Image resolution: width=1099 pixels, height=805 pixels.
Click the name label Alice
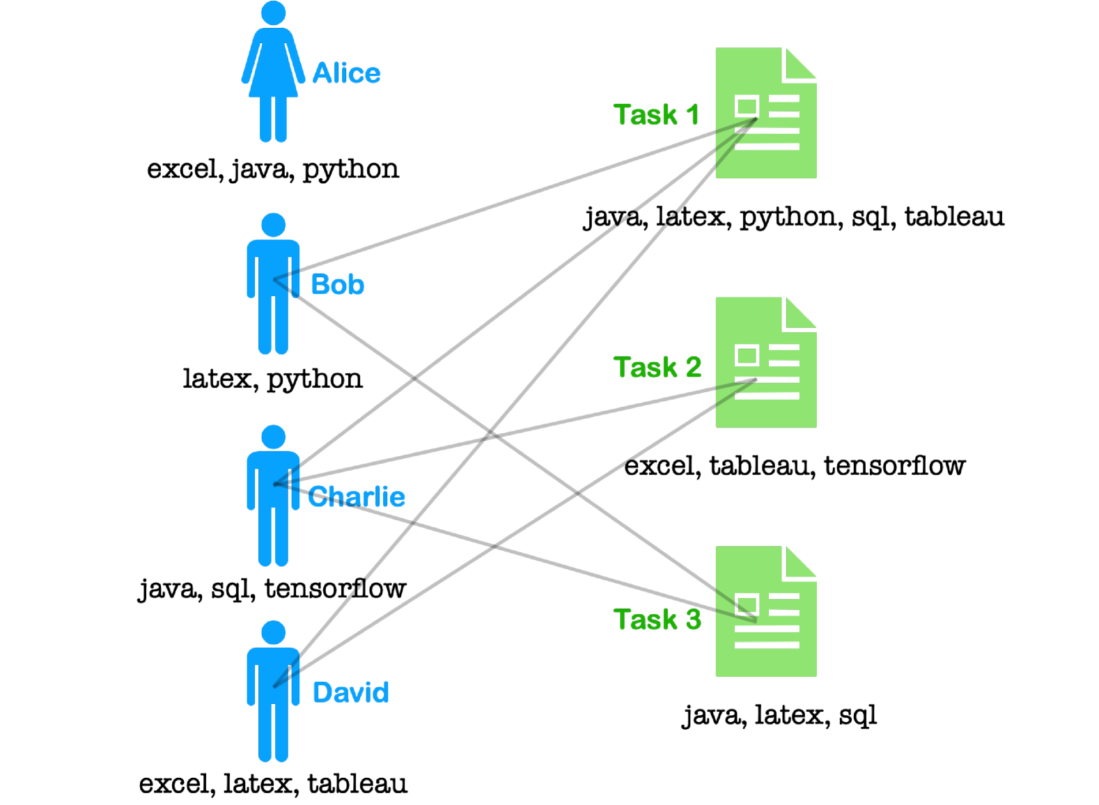point(346,73)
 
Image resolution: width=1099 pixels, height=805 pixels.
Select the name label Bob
point(338,285)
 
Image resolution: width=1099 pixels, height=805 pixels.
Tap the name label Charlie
point(357,497)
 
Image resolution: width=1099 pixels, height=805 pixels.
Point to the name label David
point(350,692)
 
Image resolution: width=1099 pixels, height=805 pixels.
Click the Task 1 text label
point(655,115)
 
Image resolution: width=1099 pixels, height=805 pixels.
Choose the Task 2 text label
point(657,367)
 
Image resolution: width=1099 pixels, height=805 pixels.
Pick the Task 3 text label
point(657,619)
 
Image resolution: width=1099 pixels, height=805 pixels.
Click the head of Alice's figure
point(273,13)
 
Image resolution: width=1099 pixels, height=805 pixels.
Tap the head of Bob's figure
point(273,225)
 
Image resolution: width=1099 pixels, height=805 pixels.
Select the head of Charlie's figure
point(273,437)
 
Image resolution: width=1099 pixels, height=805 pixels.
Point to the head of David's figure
point(273,632)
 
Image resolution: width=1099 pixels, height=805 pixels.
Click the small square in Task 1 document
point(747,107)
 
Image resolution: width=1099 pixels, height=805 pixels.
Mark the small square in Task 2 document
point(747,355)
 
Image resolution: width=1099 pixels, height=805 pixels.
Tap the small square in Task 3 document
point(747,604)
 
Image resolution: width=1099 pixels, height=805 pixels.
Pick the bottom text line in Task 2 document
point(766,396)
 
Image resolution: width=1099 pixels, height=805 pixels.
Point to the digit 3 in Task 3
point(693,619)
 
